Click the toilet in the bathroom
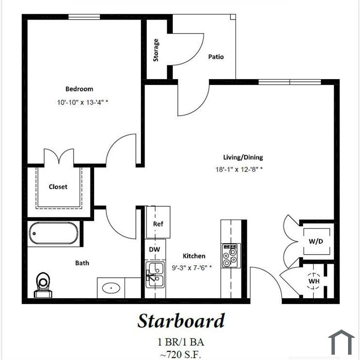coord(43,285)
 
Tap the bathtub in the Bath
coord(53,233)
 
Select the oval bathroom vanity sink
coord(111,287)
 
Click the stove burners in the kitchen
coord(230,256)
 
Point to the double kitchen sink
coord(155,275)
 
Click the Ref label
coord(158,224)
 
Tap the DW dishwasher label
coord(154,249)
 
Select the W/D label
coord(316,241)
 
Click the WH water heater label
coord(314,281)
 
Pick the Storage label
coord(156,50)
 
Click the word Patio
coord(216,57)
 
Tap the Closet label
coord(58,187)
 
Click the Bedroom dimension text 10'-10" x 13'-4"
coord(83,102)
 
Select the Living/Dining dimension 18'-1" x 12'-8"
coord(239,169)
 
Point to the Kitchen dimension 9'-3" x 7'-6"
coord(192,268)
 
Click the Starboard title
coord(181,321)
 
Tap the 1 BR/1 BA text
coord(181,342)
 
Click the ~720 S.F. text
coord(181,354)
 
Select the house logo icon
coord(341,343)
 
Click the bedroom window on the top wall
coord(84,17)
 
